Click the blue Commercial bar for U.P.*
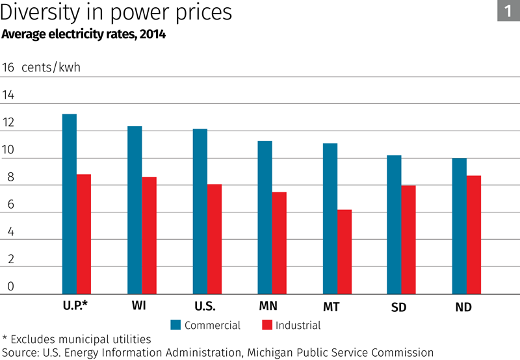click(70, 204)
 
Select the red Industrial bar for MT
click(344, 251)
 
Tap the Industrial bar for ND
click(474, 235)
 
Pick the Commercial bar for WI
click(135, 210)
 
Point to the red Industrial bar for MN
click(279, 243)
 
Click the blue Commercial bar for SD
click(394, 225)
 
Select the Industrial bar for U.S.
click(214, 239)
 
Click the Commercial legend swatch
click(175, 325)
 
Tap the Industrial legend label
click(298, 325)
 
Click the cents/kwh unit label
click(51, 68)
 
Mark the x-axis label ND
click(463, 307)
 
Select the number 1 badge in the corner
click(508, 11)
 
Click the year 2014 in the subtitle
click(153, 35)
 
